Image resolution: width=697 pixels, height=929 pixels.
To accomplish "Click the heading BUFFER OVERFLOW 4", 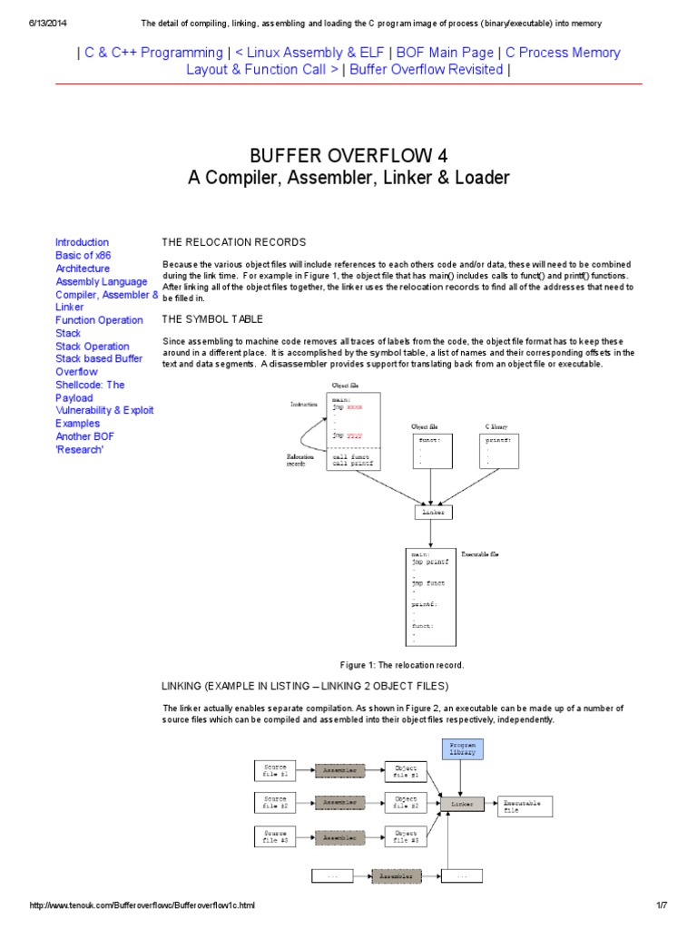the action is (x=348, y=154).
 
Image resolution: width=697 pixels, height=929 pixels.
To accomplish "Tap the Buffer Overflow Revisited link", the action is (x=426, y=69).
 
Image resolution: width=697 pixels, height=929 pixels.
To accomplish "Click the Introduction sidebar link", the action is (x=82, y=242).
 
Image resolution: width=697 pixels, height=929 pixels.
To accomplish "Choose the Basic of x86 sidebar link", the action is (x=83, y=255).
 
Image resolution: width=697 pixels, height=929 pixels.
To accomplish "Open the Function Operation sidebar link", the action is (x=99, y=320).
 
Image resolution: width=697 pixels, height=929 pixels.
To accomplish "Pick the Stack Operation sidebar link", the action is (x=92, y=346).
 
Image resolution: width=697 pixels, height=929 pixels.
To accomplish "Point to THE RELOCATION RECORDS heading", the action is (x=234, y=242).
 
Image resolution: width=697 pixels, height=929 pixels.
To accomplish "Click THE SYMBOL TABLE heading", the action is (x=212, y=319).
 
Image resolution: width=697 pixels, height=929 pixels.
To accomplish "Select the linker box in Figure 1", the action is (x=432, y=513).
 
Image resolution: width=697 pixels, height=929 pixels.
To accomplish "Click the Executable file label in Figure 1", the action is (x=480, y=553).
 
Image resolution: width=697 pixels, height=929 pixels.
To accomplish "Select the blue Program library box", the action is (x=462, y=748).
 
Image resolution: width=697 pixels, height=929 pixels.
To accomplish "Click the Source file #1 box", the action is (x=275, y=771).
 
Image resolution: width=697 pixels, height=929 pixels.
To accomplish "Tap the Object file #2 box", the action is (x=406, y=802).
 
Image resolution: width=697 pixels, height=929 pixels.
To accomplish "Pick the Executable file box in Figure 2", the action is (x=525, y=806).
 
